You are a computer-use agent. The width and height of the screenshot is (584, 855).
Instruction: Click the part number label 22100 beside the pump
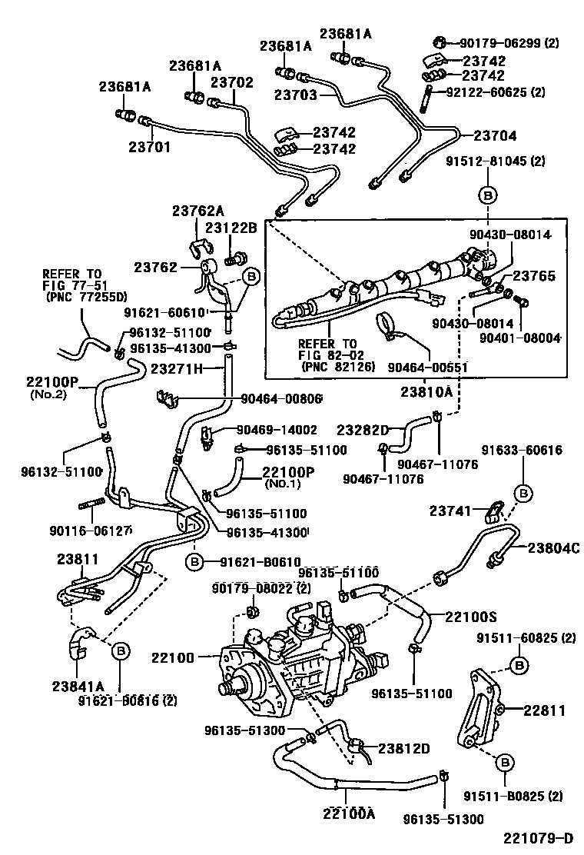[x=174, y=657]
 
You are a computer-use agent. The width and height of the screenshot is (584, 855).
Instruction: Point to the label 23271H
[x=176, y=369]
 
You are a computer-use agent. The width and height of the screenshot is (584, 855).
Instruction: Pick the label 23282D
[x=363, y=428]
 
